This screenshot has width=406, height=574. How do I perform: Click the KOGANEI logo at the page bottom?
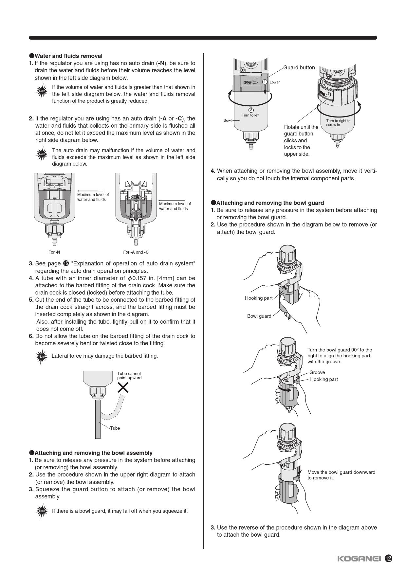(x=359, y=559)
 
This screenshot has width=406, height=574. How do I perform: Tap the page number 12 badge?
(x=389, y=558)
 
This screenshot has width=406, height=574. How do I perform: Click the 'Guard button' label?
(x=299, y=68)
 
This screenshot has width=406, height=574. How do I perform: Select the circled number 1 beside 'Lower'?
(x=265, y=82)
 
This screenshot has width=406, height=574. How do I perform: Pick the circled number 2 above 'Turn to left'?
(x=251, y=110)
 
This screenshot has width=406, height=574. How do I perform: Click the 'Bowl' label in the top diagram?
(x=227, y=120)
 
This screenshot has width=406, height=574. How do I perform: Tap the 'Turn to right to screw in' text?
(x=338, y=123)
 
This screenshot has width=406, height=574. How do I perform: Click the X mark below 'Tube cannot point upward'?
(x=123, y=388)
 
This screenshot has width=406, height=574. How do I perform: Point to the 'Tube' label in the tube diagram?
(x=115, y=428)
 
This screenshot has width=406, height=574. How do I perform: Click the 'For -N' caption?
(x=54, y=252)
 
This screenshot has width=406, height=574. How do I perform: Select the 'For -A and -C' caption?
(x=136, y=252)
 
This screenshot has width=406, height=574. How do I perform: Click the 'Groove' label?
(x=317, y=372)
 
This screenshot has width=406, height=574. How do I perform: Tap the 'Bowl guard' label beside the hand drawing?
(x=259, y=316)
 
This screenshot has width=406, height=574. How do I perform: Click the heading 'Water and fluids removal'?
(x=68, y=56)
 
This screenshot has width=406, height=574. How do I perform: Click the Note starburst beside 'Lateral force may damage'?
(x=42, y=356)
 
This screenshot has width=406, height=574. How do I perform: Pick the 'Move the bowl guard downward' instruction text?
(x=341, y=475)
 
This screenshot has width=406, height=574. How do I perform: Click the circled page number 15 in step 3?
(x=66, y=263)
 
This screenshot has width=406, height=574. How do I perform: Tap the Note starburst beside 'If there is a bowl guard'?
(x=42, y=511)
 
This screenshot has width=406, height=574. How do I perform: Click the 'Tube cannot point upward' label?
(x=129, y=376)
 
